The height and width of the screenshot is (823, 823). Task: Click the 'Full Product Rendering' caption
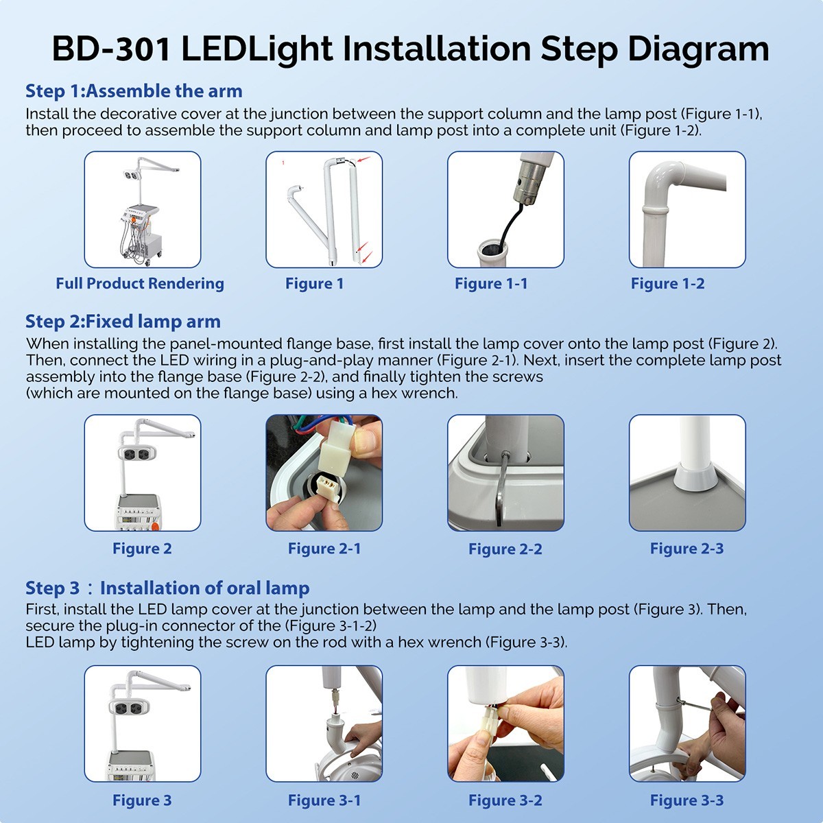click(140, 283)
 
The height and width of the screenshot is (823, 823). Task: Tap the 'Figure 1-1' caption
click(491, 283)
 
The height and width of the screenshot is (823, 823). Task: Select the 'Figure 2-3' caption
click(687, 549)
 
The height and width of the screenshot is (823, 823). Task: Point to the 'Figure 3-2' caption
click(505, 800)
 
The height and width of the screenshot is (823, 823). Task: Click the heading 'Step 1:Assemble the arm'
click(134, 91)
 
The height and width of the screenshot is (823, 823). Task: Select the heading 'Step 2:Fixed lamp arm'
click(123, 321)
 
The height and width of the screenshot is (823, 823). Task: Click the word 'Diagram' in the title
click(698, 50)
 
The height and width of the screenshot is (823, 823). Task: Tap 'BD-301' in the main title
click(112, 49)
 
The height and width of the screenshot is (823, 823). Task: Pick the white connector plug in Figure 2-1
click(335, 448)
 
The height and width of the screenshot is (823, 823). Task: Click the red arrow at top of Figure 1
click(364, 160)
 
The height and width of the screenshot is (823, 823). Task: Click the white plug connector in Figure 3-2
click(489, 719)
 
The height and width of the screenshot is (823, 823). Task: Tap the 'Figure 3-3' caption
click(687, 800)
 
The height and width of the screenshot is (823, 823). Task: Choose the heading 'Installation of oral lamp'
click(204, 588)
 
